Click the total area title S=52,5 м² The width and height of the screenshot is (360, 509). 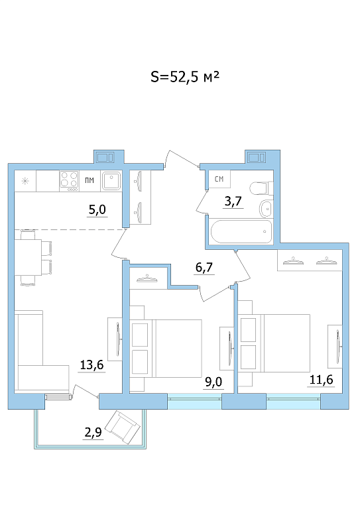[x=185, y=78]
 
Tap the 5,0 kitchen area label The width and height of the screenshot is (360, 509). [x=97, y=209]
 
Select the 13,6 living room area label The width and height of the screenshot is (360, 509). [x=92, y=365]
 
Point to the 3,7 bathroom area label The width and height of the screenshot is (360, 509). [x=233, y=201]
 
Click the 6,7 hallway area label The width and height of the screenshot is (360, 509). [x=204, y=267]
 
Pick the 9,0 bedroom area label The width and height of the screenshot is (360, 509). [x=213, y=382]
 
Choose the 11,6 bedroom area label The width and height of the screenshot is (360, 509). [x=321, y=379]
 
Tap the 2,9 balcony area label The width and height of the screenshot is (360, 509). [x=93, y=432]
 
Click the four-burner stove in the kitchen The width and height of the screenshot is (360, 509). [x=69, y=181]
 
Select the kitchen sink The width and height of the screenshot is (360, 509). [x=111, y=181]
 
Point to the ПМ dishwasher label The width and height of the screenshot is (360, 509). [x=90, y=180]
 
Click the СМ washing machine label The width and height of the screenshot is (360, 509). [x=219, y=179]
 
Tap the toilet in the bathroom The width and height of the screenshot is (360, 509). [x=262, y=188]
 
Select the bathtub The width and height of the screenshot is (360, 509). [x=241, y=231]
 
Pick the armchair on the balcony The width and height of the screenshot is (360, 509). [x=124, y=427]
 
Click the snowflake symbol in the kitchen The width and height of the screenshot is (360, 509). [x=25, y=181]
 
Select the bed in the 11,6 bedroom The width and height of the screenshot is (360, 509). [x=275, y=343]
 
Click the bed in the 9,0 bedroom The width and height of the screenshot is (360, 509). [x=166, y=349]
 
